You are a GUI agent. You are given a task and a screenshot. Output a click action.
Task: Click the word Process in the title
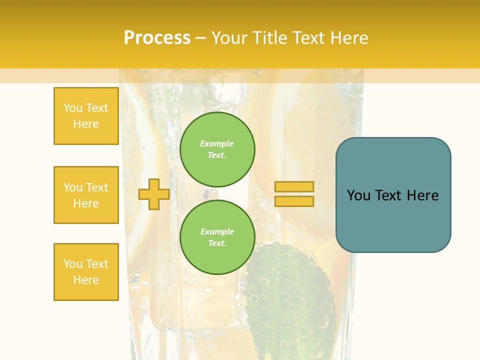[157, 38]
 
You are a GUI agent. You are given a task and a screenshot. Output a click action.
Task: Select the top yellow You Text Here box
[86, 116]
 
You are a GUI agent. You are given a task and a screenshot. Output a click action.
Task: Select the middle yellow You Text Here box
[86, 195]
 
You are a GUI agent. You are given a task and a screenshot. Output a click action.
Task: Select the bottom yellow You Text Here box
[86, 272]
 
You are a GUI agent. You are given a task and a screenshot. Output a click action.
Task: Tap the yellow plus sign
[154, 194]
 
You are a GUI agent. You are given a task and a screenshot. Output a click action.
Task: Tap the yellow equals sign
[294, 194]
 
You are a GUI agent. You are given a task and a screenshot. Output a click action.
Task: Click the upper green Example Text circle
[217, 149]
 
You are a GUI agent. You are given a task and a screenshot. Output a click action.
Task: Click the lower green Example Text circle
[217, 237]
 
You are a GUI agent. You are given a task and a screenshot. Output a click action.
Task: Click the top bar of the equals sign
[294, 186]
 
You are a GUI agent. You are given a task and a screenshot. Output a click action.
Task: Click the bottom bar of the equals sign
[294, 201]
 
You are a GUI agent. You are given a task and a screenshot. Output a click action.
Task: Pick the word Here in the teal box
[422, 195]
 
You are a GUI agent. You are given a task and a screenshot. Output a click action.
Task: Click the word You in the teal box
[358, 195]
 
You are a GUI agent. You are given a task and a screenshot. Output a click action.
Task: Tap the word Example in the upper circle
[217, 143]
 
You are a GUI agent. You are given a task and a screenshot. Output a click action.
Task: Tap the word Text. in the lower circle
[217, 243]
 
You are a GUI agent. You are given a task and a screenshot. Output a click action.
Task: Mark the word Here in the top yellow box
[86, 124]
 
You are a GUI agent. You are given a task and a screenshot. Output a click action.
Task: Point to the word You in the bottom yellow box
[73, 264]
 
